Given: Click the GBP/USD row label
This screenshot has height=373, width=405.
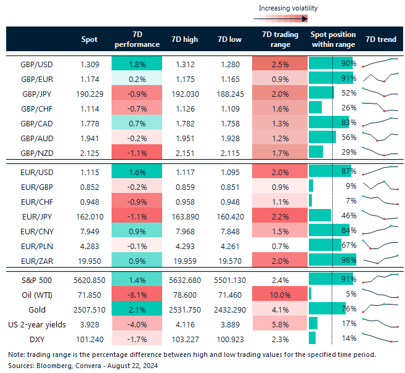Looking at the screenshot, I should click(35, 64).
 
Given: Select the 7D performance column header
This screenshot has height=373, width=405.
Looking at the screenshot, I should click(137, 39).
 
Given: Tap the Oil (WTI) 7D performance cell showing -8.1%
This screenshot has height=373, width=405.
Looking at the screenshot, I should click(137, 295).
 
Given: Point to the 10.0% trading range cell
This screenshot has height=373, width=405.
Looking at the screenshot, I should click(280, 295).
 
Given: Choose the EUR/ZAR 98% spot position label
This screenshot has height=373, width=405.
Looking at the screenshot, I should click(349, 260).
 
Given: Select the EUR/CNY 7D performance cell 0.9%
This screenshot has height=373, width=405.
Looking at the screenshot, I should click(137, 231).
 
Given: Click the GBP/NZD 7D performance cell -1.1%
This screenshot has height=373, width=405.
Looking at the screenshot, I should click(137, 152).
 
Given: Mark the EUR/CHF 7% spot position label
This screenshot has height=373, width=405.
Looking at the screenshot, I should click(351, 201).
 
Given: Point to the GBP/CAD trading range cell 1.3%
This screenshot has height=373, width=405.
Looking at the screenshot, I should click(280, 122).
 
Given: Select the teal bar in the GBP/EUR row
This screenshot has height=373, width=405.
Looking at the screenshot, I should click(331, 78).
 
